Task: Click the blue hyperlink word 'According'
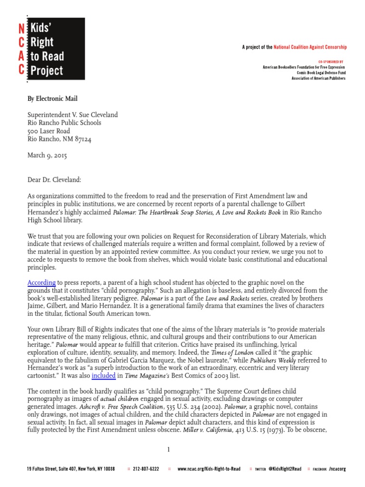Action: [x=41, y=282]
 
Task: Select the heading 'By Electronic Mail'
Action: [x=52, y=98]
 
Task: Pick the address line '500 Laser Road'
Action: [x=48, y=131]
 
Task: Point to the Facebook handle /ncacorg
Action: [x=337, y=469]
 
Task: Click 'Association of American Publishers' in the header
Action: [x=318, y=78]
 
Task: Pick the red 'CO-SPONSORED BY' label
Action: [x=331, y=62]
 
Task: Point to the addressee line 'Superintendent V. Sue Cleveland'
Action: [x=72, y=115]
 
